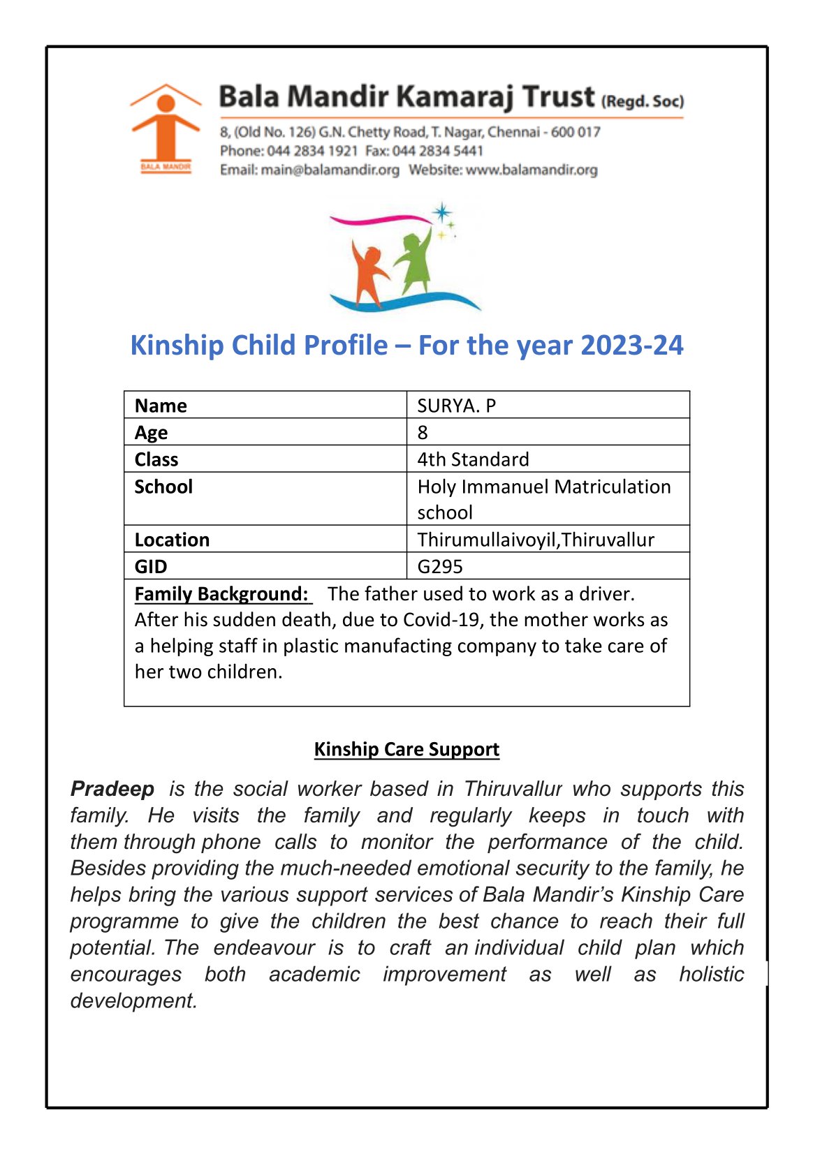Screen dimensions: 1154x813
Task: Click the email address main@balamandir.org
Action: point(330,170)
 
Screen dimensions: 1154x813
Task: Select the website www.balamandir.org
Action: point(532,170)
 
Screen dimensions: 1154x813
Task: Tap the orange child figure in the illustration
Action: point(367,274)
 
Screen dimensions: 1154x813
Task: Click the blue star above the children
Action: point(441,213)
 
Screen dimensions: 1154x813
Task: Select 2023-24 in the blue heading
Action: point(631,346)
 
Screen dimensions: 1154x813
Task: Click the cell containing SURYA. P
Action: point(457,406)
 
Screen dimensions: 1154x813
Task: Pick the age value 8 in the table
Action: point(423,432)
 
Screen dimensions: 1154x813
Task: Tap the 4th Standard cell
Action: point(473,459)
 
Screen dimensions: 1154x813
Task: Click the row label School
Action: point(163,487)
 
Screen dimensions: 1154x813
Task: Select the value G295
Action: point(440,566)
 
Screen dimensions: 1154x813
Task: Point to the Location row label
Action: point(172,540)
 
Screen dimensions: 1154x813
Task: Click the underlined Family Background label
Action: point(221,594)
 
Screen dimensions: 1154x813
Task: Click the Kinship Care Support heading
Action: point(406,749)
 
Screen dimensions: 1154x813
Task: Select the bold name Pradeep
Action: point(112,789)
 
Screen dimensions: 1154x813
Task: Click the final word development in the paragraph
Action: point(133,1000)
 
